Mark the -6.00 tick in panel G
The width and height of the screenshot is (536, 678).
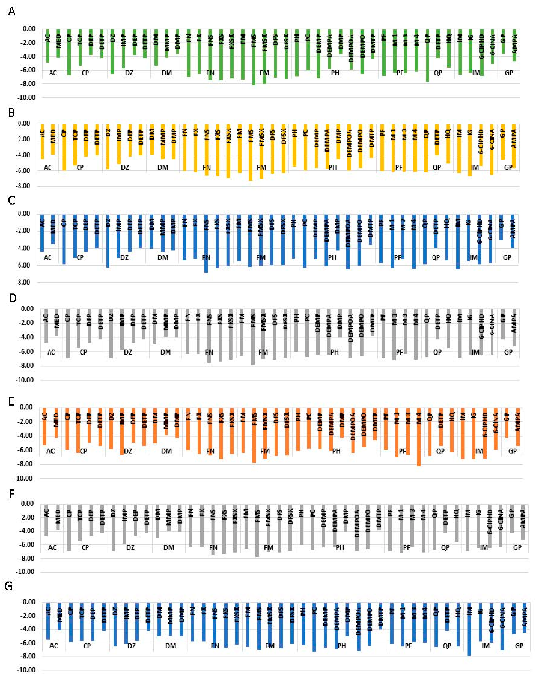pyautogui.click(x=29, y=643)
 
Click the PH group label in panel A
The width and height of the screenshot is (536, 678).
pyautogui.click(x=335, y=73)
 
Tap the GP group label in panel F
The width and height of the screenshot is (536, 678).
pyautogui.click(x=517, y=547)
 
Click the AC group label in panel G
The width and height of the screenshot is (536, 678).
pyautogui.click(x=54, y=646)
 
